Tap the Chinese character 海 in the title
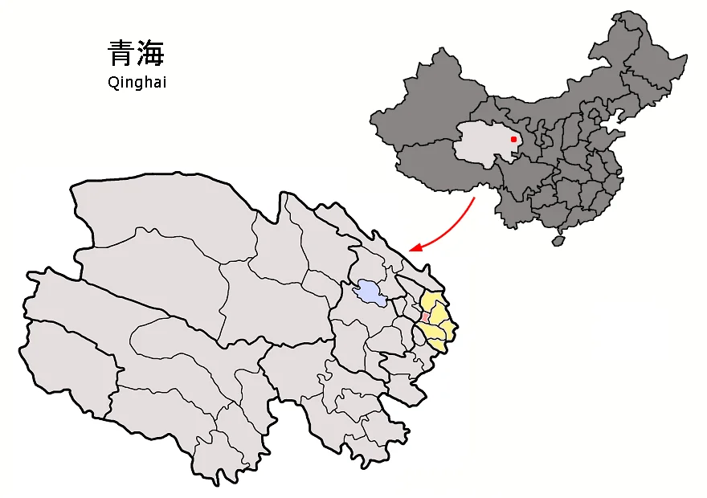[150, 55]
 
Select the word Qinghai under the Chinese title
[136, 82]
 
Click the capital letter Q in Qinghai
[112, 81]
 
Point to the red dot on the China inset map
[513, 139]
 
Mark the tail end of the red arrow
[475, 198]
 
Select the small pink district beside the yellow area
[424, 317]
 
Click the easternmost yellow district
[449, 328]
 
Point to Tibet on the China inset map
[434, 169]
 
